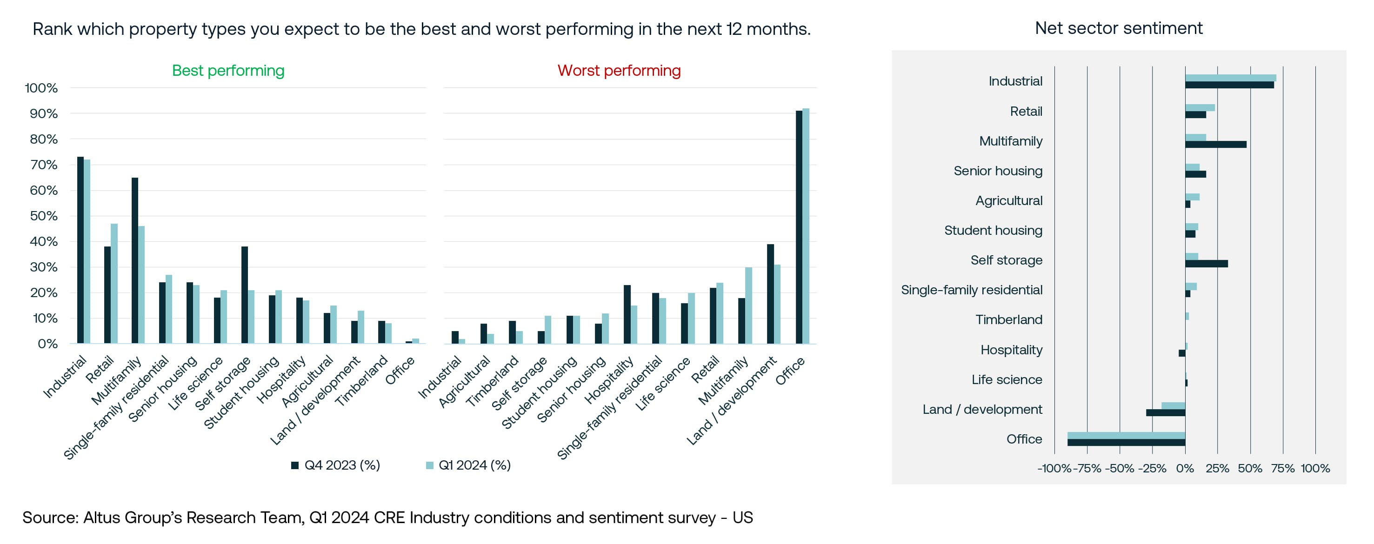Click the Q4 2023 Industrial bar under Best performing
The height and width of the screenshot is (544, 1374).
[80, 251]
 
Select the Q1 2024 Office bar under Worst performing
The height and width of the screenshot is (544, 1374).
[806, 227]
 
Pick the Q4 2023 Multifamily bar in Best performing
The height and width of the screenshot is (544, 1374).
[135, 261]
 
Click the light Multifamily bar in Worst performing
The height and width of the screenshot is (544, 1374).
[748, 305]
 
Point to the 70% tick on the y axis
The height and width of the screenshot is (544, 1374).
[44, 165]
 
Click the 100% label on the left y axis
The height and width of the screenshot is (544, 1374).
[41, 88]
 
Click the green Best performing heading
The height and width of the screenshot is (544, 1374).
[228, 70]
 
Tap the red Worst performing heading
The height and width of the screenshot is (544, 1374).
[619, 70]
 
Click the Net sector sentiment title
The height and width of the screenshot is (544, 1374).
[1119, 28]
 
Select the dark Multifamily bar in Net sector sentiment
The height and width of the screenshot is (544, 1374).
[1215, 145]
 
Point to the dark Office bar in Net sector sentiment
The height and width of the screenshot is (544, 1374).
[1126, 443]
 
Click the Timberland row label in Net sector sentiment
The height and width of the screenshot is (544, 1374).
[1008, 319]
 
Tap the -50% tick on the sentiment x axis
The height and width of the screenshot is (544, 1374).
[1119, 468]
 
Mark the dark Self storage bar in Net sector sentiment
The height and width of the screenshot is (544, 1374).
[1206, 264]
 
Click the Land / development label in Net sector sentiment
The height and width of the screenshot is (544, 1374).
[982, 409]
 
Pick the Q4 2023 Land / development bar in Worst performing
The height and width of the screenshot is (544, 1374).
[770, 294]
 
